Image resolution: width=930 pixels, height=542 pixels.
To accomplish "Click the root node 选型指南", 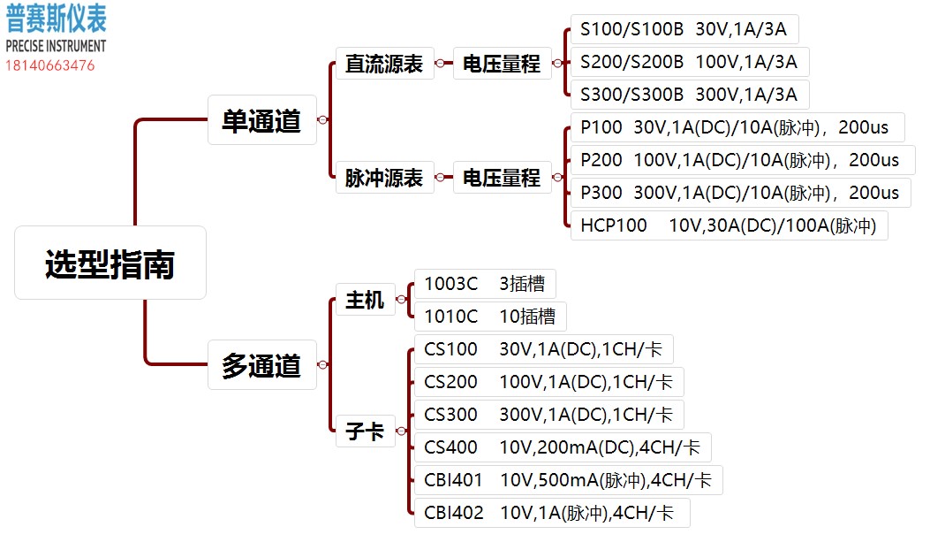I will (110, 263).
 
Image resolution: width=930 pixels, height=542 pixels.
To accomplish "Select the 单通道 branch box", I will (261, 120).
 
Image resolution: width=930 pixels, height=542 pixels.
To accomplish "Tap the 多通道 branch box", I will (261, 364).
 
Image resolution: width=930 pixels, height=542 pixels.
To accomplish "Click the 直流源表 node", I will (384, 65).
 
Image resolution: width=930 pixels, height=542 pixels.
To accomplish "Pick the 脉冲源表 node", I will (384, 178).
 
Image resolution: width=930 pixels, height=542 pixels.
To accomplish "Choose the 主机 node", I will (365, 301).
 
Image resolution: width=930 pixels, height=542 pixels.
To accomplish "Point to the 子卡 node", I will (365, 431).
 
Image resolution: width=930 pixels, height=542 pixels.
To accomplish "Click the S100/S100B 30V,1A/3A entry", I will (684, 29).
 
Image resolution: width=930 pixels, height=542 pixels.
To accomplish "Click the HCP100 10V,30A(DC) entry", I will (729, 225).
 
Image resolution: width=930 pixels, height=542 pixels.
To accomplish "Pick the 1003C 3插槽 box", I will (485, 284).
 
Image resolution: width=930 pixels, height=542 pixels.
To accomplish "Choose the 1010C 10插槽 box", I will (490, 317).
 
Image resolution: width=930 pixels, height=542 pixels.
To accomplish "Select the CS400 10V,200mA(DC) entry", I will (563, 447).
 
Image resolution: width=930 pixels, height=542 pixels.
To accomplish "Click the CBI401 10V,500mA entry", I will (568, 480).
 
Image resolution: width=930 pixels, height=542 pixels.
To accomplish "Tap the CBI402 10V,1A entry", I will (551, 513).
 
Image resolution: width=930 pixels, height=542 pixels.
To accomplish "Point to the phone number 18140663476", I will (50, 65).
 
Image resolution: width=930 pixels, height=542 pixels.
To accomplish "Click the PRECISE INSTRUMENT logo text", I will (56, 46).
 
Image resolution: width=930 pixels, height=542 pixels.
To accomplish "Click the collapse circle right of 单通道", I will (322, 120).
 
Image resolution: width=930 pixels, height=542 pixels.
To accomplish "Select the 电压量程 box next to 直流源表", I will (502, 65).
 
